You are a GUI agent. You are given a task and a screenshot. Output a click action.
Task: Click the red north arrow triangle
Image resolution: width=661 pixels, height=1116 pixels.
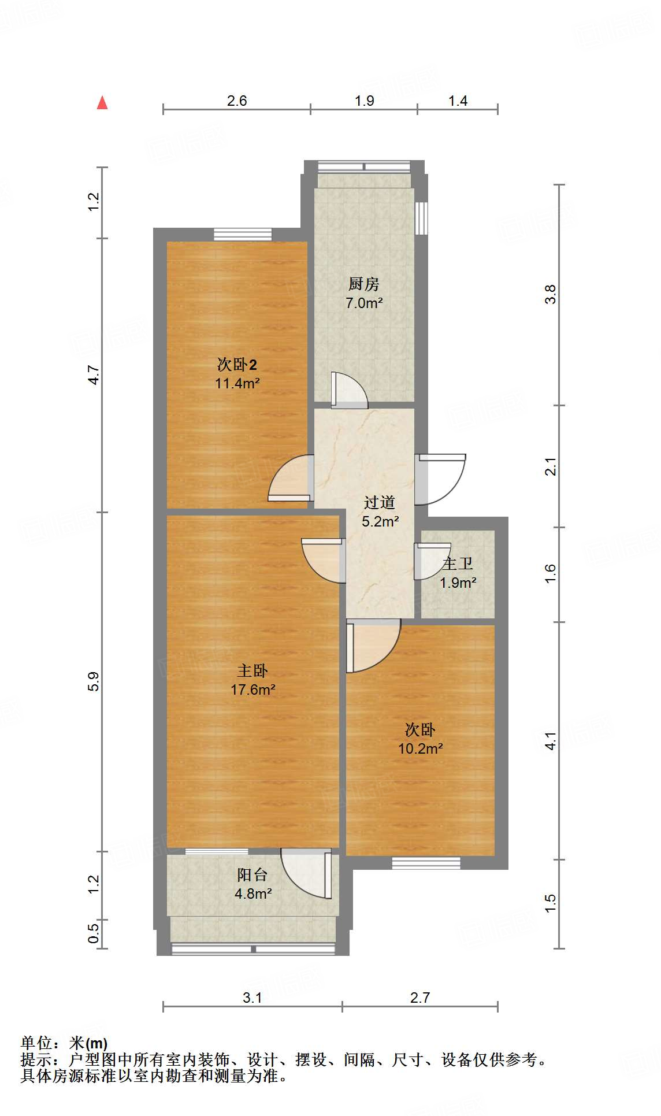[x=102, y=103]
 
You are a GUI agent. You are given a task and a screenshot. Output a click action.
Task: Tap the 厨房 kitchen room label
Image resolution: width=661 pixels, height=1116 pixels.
[x=364, y=284]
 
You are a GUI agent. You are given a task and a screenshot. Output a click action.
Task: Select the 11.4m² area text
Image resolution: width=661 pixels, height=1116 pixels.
[x=237, y=383]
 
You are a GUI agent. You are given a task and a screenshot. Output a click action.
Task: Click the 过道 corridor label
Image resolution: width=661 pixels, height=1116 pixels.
[x=380, y=503]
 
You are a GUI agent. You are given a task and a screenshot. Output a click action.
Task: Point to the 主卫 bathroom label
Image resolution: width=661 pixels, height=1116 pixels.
[x=458, y=563]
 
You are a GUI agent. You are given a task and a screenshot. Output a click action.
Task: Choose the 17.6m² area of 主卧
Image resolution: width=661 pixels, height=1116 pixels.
[x=253, y=689]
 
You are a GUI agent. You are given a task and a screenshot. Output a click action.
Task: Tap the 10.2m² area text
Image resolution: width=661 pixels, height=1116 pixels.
[x=420, y=748]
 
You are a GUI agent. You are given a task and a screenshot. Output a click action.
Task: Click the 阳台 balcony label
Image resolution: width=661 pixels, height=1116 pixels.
[x=252, y=875]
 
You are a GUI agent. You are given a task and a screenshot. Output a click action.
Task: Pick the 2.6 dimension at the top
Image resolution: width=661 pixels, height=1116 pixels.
[x=237, y=101]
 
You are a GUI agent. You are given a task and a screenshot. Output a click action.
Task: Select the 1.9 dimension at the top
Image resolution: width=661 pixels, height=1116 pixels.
[x=365, y=101]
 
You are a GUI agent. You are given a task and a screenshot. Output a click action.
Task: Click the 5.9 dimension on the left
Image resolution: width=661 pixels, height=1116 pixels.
[x=94, y=681]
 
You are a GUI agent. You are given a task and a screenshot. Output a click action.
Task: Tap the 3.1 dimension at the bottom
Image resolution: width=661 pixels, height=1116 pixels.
[x=252, y=998]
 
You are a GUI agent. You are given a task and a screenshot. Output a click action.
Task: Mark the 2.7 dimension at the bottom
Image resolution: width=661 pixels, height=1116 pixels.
[x=420, y=998]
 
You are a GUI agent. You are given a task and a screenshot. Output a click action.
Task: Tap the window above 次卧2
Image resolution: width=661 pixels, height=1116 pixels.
[x=243, y=235]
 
